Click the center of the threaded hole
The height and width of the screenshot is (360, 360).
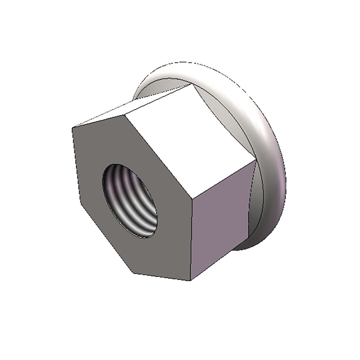(x=130, y=201)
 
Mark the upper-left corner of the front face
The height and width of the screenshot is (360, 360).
(x=73, y=127)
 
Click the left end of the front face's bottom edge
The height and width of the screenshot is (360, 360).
(x=134, y=273)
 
